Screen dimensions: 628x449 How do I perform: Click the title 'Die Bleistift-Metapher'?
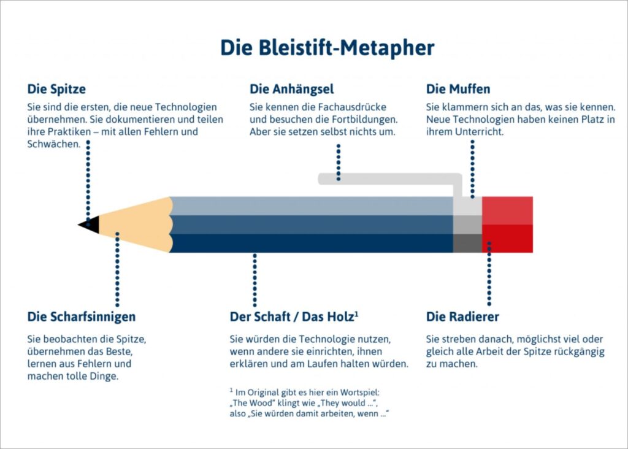pos(327,48)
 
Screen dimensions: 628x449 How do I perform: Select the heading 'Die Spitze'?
pos(56,89)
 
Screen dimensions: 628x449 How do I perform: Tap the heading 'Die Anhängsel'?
pos(291,89)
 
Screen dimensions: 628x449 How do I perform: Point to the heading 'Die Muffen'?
pos(458,89)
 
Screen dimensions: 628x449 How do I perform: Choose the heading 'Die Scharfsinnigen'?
pos(82,317)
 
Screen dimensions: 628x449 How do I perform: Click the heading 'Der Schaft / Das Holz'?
pos(294,317)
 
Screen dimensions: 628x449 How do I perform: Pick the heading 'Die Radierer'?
pos(462,317)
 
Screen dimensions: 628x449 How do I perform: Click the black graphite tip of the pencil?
pos(91,224)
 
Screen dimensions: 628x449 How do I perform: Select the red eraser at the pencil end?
pos(507,224)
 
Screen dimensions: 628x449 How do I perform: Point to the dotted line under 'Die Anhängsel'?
pos(339,162)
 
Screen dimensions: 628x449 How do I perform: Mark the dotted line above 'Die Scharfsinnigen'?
pos(117,269)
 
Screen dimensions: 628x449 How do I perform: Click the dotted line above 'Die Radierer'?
pos(489,274)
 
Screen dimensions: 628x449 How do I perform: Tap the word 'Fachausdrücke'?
pos(353,107)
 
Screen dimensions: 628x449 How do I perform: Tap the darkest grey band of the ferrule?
pos(467,244)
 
